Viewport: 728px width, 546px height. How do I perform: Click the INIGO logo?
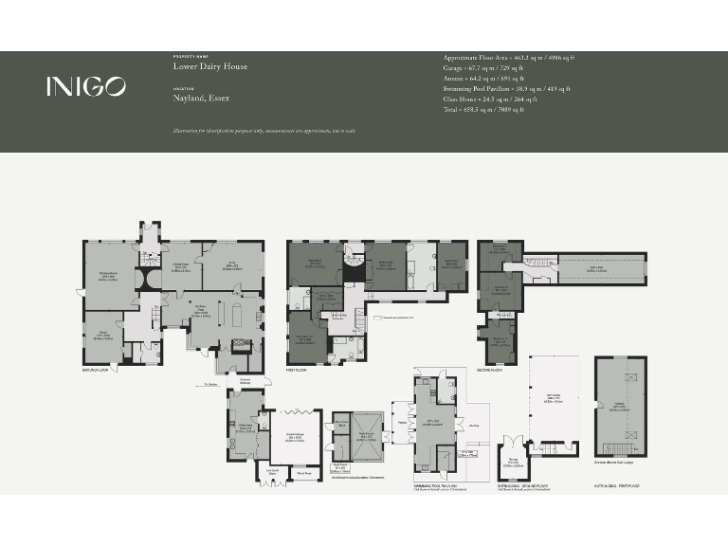[85, 86]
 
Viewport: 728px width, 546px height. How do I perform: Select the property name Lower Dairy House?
[210, 67]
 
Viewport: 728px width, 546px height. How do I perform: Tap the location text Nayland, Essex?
[201, 98]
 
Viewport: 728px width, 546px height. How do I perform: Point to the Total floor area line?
[482, 110]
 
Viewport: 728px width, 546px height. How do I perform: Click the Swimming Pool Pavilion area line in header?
[506, 89]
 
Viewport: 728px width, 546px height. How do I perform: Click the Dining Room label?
[179, 268]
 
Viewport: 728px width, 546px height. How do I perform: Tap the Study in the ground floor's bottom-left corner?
[102, 335]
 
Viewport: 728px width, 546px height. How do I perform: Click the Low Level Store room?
[273, 471]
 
